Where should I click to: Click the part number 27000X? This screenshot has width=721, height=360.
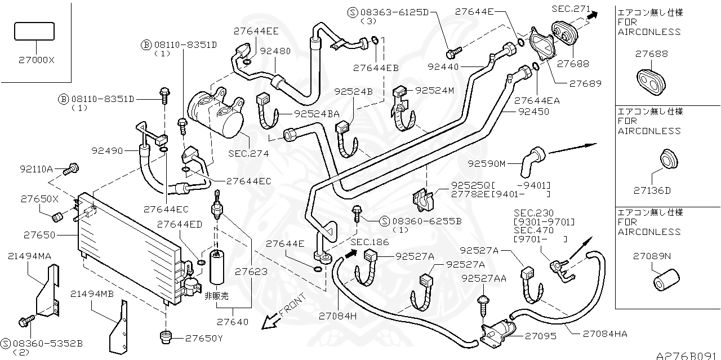pyautogui.click(x=34, y=59)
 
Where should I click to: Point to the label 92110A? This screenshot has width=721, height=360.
pyautogui.click(x=36, y=168)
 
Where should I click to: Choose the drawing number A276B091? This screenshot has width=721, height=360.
pyautogui.click(x=688, y=355)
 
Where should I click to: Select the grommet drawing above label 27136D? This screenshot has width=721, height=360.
pyautogui.click(x=668, y=159)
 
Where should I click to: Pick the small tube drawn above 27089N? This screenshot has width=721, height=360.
pyautogui.click(x=666, y=279)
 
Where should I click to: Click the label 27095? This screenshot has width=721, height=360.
pyautogui.click(x=540, y=336)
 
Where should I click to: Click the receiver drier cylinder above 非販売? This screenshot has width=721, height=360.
pyautogui.click(x=217, y=268)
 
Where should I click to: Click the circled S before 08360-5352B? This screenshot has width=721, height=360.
pyautogui.click(x=5, y=343)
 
